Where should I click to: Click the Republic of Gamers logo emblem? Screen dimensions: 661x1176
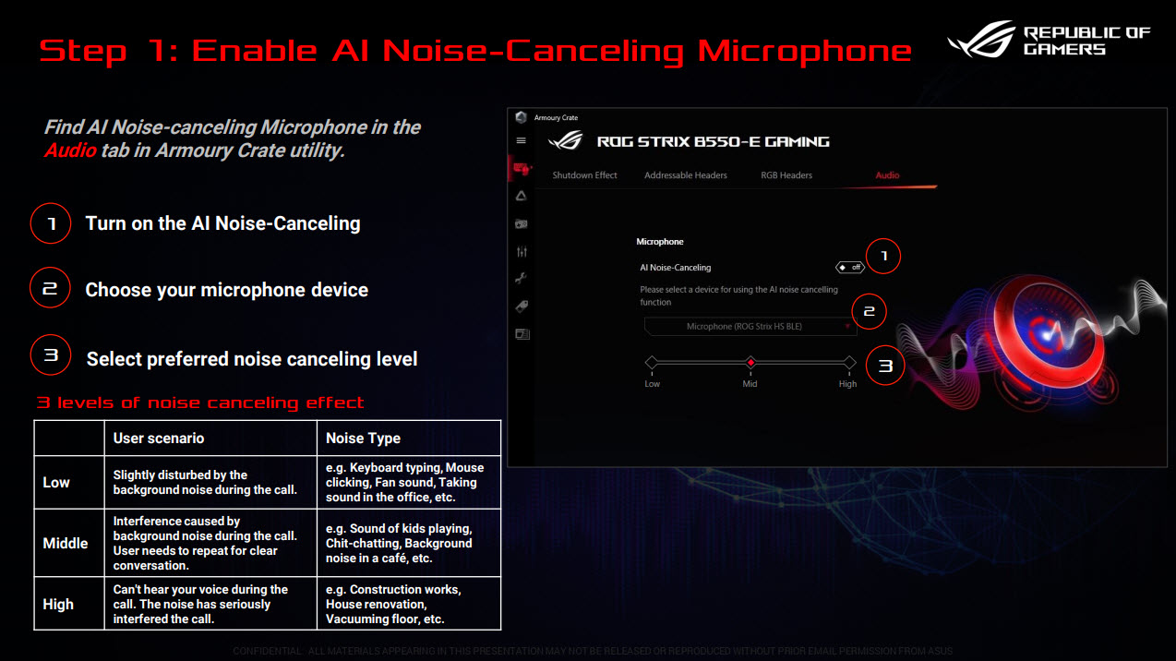point(981,41)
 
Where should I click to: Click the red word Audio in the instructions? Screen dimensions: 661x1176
point(70,150)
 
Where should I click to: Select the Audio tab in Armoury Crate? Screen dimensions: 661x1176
point(887,175)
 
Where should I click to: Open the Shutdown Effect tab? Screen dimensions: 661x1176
point(584,175)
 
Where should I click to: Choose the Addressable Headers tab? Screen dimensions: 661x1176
point(685,175)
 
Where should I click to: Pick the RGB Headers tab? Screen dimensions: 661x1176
point(786,175)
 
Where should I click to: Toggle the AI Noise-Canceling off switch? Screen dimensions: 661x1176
point(849,268)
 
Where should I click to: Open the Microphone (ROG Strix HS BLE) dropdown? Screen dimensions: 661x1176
point(750,327)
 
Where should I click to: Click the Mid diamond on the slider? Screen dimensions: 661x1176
point(750,363)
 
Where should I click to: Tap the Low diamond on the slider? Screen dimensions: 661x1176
point(652,363)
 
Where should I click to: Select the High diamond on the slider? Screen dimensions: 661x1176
point(849,363)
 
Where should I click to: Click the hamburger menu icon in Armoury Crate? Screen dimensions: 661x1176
point(522,141)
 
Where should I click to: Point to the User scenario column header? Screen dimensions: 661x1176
point(159,439)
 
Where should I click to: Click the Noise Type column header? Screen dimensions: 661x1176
point(364,439)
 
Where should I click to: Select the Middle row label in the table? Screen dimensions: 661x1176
point(66,544)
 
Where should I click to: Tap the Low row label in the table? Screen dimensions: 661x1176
point(56,483)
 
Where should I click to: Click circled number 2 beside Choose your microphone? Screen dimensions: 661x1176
point(50,289)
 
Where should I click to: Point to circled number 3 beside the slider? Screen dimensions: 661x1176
point(885,367)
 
